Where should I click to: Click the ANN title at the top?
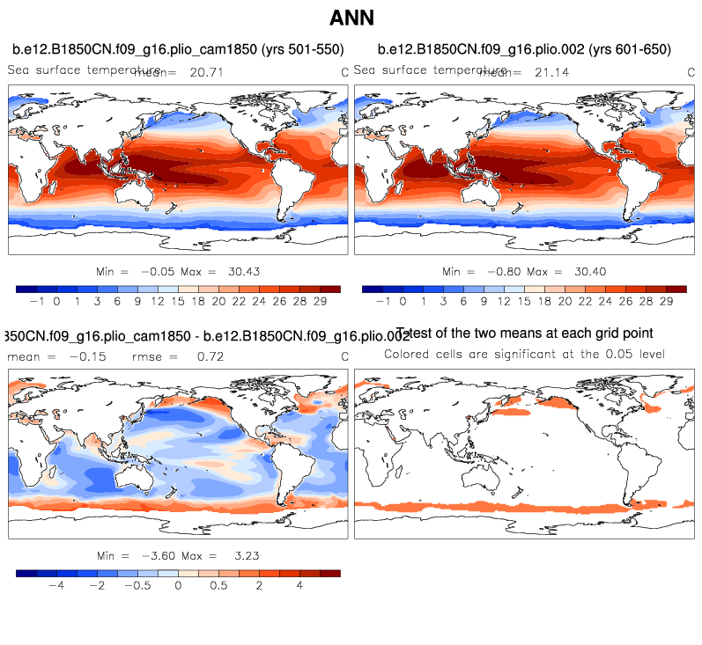(x=351, y=18)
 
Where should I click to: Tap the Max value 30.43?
(x=240, y=272)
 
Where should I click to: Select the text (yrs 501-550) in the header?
(x=295, y=48)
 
